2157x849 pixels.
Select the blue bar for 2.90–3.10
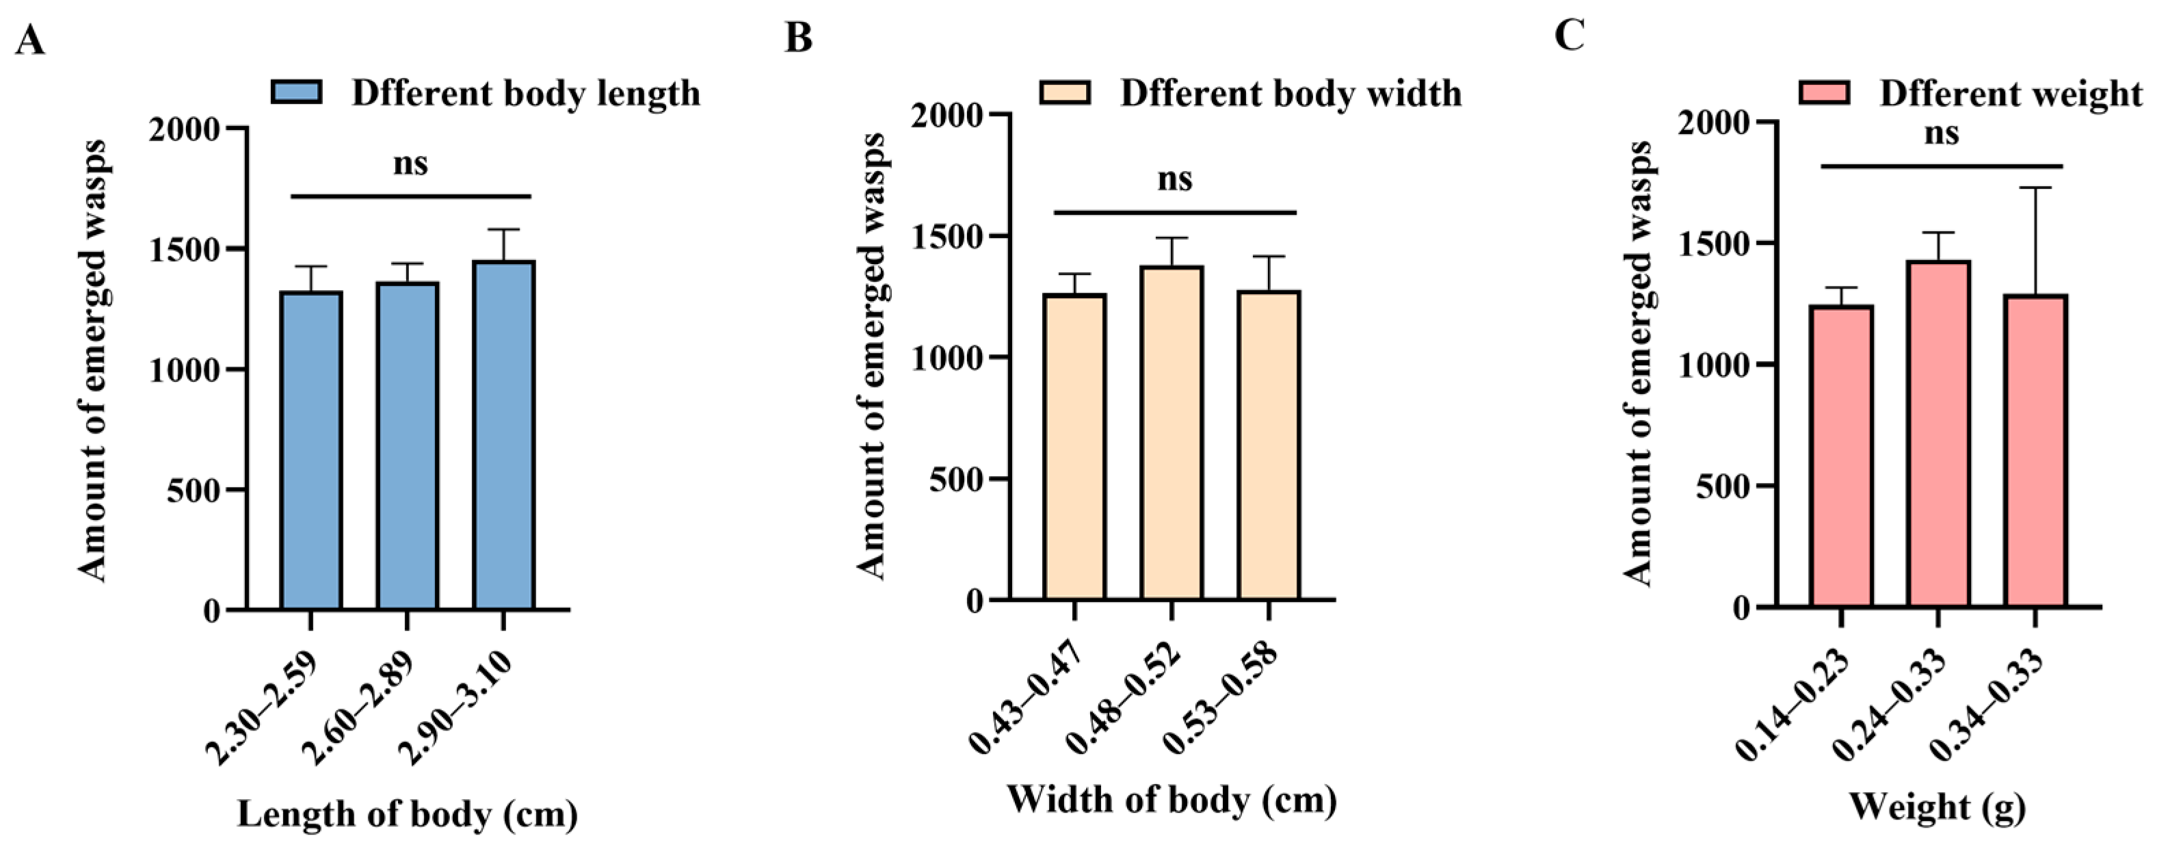(x=503, y=435)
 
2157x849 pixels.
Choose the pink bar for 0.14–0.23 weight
(x=1841, y=456)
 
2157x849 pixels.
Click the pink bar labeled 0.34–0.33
(x=2035, y=452)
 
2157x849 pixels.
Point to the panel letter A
(x=30, y=40)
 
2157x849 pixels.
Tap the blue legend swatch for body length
(x=296, y=93)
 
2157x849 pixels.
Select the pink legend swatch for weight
(x=1825, y=93)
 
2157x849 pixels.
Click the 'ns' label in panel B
(x=1175, y=179)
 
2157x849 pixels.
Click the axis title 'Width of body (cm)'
(x=1171, y=800)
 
